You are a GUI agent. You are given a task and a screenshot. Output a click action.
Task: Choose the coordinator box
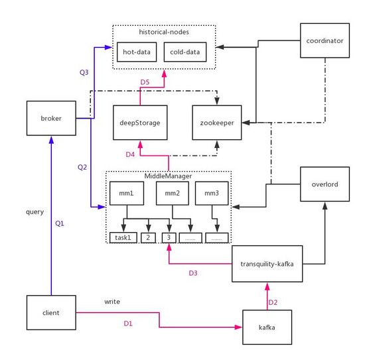(x=325, y=41)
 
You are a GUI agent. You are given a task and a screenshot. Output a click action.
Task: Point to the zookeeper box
(x=217, y=123)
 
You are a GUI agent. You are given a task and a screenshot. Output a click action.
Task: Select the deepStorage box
(x=139, y=123)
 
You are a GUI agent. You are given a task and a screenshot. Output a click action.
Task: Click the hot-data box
(x=137, y=51)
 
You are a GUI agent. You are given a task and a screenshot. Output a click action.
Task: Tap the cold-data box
(x=185, y=51)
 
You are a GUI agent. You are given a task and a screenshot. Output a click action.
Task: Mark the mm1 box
(x=127, y=193)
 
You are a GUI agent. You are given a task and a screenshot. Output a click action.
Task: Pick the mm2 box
(x=169, y=193)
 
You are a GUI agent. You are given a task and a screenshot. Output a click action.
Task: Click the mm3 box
(x=211, y=193)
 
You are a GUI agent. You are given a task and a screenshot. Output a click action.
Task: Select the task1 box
(x=123, y=237)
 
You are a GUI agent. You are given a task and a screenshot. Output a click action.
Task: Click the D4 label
(x=131, y=154)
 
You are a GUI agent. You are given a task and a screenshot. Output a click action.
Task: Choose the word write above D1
(x=112, y=301)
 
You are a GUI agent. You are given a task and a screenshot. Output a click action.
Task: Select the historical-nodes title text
(x=162, y=31)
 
